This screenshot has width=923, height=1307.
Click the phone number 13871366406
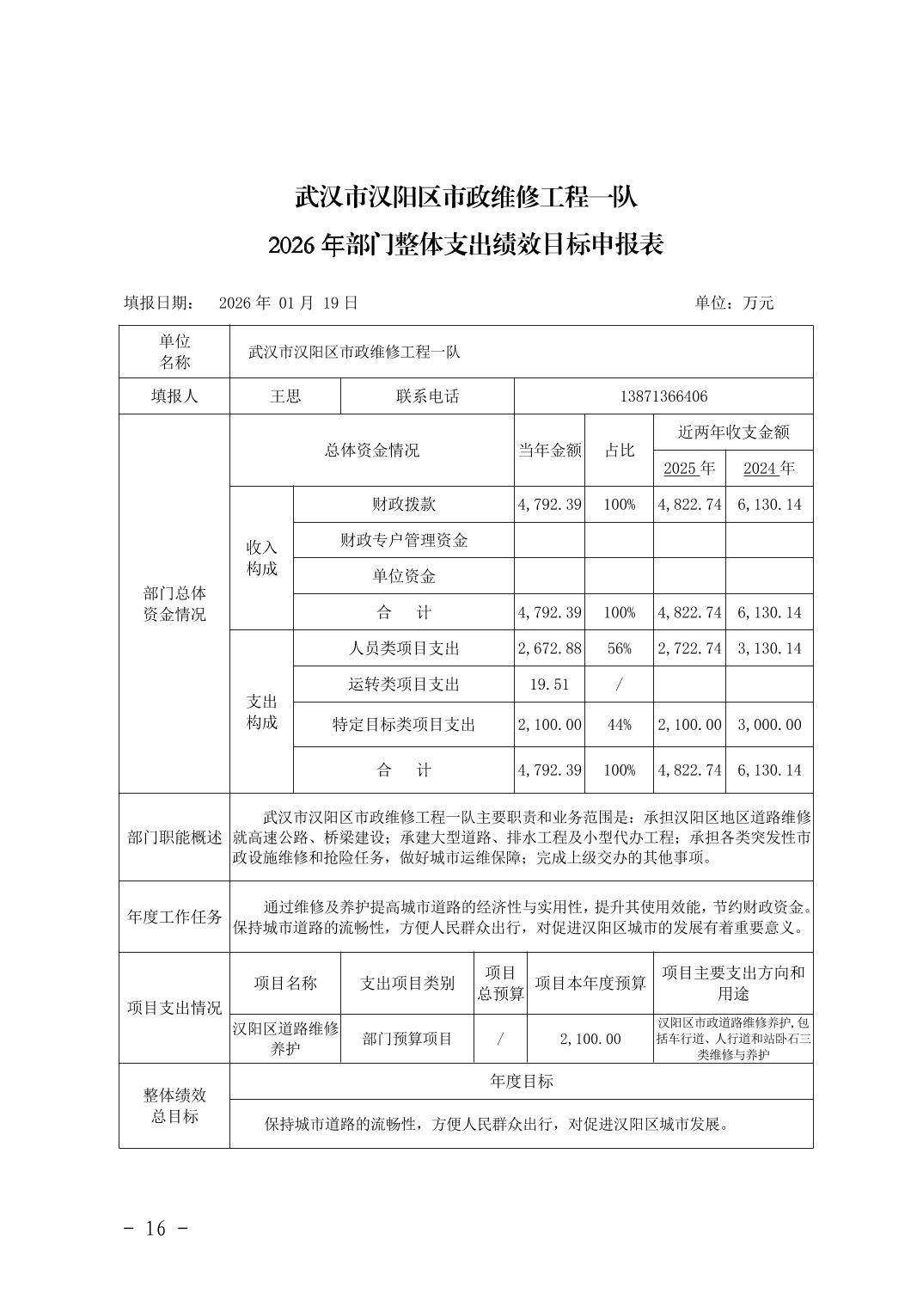(663, 396)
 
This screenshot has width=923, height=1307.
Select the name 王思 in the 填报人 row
(285, 396)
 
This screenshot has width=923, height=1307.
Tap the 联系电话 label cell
(427, 396)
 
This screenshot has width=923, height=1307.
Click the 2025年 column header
(689, 468)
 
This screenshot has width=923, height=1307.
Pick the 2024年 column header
(769, 468)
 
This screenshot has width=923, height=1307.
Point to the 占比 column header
(619, 450)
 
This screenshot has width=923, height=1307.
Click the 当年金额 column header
(549, 450)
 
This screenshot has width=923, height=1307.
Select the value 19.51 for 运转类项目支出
(549, 684)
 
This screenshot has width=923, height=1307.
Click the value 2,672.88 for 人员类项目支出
(549, 648)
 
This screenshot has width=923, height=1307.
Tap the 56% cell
(619, 648)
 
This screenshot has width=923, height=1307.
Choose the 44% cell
(619, 725)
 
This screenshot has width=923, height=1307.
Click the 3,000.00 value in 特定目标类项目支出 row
(769, 725)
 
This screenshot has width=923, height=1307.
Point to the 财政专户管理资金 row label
(404, 540)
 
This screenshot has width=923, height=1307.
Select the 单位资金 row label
(404, 576)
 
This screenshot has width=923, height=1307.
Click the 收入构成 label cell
(262, 558)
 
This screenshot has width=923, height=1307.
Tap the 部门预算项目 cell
(407, 1039)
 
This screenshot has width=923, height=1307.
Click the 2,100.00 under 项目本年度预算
(590, 1039)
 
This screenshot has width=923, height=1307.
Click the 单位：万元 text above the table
(734, 303)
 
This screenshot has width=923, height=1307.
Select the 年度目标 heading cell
(521, 1081)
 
